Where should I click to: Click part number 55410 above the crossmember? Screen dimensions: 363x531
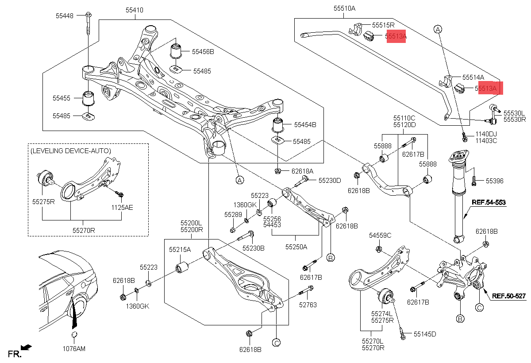click(x=134, y=10)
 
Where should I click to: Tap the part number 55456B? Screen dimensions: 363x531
click(x=203, y=52)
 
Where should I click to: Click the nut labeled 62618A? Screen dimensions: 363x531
click(x=277, y=171)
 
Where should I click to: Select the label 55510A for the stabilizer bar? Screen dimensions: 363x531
click(x=344, y=8)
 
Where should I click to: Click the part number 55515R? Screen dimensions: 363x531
click(x=383, y=25)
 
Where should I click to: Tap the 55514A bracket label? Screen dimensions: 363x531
click(x=473, y=77)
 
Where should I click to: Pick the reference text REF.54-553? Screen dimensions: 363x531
click(x=489, y=202)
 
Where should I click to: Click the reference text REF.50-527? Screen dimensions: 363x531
click(x=509, y=296)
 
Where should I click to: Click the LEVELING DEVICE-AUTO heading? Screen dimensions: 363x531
click(x=70, y=151)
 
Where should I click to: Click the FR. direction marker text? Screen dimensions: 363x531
click(x=15, y=354)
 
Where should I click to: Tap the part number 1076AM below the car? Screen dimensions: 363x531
click(x=74, y=349)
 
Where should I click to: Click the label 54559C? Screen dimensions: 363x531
click(x=380, y=236)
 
